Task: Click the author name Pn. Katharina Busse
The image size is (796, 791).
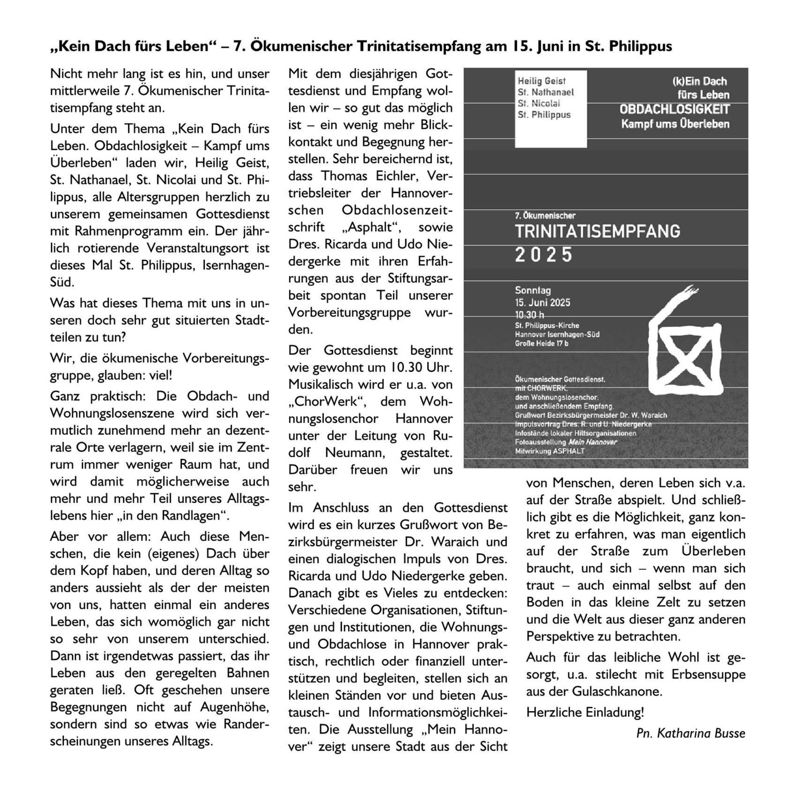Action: pos(690,733)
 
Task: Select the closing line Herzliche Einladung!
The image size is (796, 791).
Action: pos(585,712)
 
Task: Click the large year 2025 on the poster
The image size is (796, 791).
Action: pos(543,255)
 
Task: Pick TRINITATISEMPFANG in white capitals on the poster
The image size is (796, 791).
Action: pos(597,232)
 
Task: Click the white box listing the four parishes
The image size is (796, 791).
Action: pos(551,109)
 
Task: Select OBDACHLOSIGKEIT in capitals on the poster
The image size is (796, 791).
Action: pos(674,109)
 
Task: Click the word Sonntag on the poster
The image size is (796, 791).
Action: pos(533,290)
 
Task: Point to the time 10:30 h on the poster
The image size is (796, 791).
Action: pos(529,315)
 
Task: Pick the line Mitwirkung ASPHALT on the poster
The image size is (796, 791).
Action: pos(550,451)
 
